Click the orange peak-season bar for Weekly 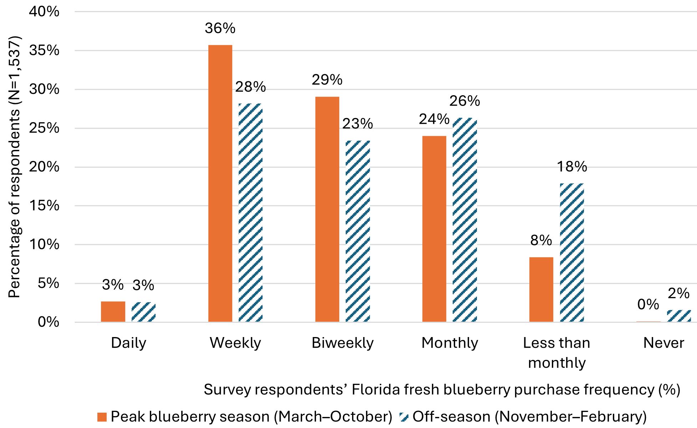[220, 183]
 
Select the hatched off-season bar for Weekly [250, 213]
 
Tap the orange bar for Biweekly [327, 209]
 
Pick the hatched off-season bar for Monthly [465, 220]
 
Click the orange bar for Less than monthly [541, 289]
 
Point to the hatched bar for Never [679, 316]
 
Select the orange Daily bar [113, 312]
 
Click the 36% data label [220, 29]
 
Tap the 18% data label [572, 167]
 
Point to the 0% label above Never [648, 305]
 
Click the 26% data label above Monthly [464, 101]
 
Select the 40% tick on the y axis [44, 12]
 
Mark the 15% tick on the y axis [44, 206]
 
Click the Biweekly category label [342, 343]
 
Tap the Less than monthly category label [556, 352]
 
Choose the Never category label [663, 343]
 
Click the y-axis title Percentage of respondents [15, 167]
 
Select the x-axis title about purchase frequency [442, 389]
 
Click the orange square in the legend [102, 417]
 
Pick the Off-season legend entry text [529, 417]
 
